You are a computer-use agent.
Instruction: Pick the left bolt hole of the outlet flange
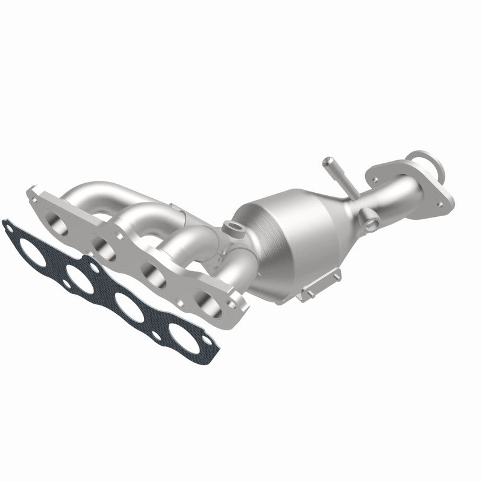377,180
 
